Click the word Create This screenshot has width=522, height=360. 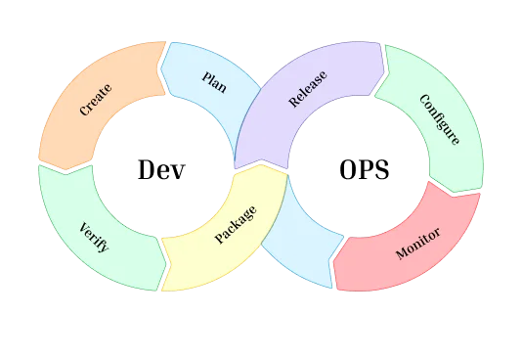tap(96, 100)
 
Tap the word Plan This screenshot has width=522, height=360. tap(214, 80)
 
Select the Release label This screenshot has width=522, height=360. tap(308, 88)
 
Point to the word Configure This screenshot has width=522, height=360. tap(438, 119)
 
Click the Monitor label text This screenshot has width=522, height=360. tap(417, 244)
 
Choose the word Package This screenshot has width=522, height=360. tap(236, 224)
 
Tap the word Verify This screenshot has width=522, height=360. tap(94, 237)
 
